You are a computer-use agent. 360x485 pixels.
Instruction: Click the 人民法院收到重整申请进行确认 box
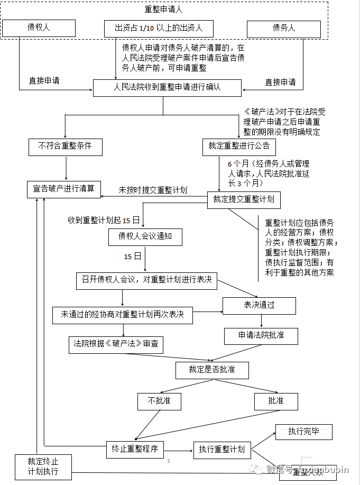click(167, 87)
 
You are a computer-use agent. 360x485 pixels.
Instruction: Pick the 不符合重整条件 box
click(65, 147)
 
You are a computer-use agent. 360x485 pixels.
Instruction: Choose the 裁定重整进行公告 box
click(239, 147)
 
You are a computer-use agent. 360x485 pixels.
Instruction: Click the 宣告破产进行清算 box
click(64, 189)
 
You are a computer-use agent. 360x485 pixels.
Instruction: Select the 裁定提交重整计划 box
click(243, 199)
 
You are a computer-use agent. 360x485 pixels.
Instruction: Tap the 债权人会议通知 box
click(145, 237)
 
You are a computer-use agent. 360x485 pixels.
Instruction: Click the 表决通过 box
click(259, 306)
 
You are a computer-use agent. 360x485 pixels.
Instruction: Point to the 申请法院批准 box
click(261, 336)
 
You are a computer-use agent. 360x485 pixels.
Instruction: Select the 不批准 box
click(159, 401)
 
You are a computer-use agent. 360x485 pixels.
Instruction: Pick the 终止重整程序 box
click(135, 449)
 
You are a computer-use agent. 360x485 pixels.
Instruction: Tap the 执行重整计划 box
click(221, 450)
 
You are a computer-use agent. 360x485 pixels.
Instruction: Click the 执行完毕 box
click(303, 432)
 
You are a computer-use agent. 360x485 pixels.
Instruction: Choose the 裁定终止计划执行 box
click(43, 466)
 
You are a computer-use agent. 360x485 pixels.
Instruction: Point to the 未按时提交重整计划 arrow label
click(152, 189)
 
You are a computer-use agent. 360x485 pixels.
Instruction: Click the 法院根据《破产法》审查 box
click(116, 344)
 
